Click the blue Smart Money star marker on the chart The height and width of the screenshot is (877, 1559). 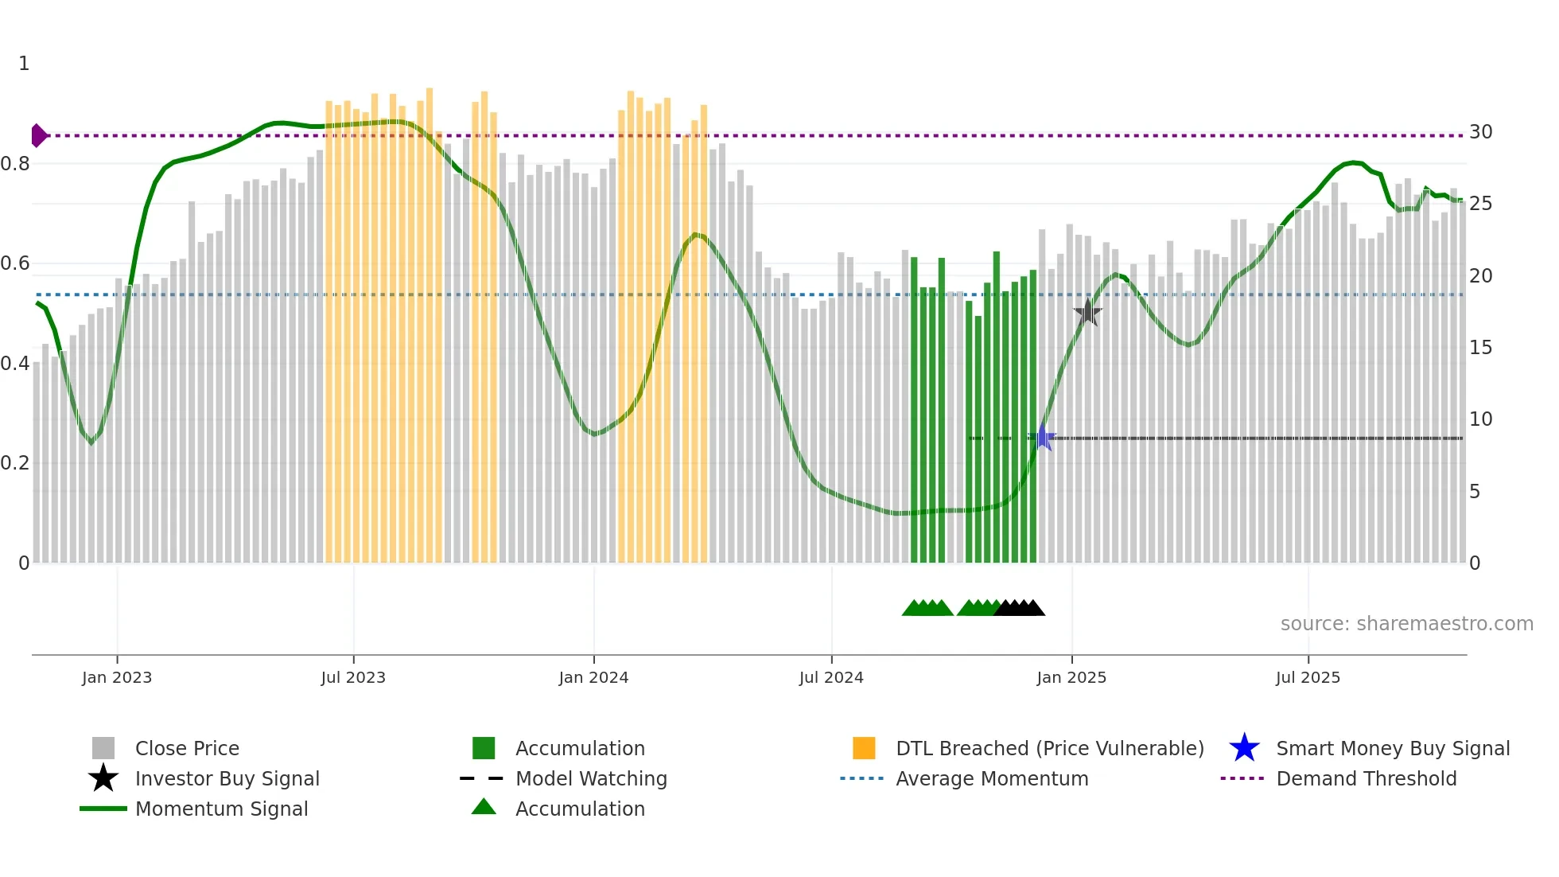coord(1043,438)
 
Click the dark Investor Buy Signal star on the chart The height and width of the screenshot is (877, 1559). coord(1087,313)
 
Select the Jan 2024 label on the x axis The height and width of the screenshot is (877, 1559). coord(593,677)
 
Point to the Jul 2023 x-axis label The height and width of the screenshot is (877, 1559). coord(353,677)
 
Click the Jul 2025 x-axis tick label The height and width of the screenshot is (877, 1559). coord(1308,677)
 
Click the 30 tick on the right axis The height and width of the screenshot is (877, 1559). coord(1480,132)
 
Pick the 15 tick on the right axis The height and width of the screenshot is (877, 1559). coord(1480,348)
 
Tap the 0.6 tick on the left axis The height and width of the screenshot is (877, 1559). coord(15,263)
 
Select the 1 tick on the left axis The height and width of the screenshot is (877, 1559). coord(24,64)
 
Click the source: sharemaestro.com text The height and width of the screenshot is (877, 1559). coord(1406,624)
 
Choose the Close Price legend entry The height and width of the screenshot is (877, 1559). coord(187,748)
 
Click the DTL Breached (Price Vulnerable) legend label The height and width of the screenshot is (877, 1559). coord(1049,748)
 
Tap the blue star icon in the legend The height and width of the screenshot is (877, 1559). coord(1244,748)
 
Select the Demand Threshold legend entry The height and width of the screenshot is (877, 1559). coord(1366,778)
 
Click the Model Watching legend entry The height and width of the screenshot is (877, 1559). coord(591,778)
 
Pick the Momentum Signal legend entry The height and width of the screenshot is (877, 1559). coord(221,809)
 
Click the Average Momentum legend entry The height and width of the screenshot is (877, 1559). coord(992,778)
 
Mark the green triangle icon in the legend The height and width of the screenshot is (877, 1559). coord(484,807)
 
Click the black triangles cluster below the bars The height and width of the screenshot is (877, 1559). coord(1021,608)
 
